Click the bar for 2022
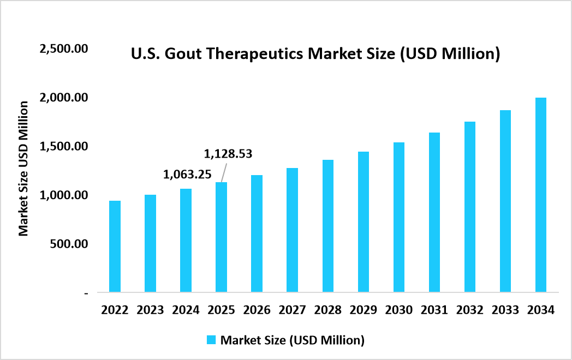point(115,247)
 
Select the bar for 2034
point(540,195)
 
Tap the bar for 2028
point(327,226)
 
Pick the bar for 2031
point(434,212)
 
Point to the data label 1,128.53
point(228,154)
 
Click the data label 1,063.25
point(188,175)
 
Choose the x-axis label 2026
point(257,310)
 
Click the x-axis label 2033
point(505,310)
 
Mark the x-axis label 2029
point(363,310)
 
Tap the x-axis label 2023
point(150,310)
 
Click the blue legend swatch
point(211,340)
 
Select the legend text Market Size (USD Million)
point(292,340)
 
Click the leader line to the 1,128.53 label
point(224,172)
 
